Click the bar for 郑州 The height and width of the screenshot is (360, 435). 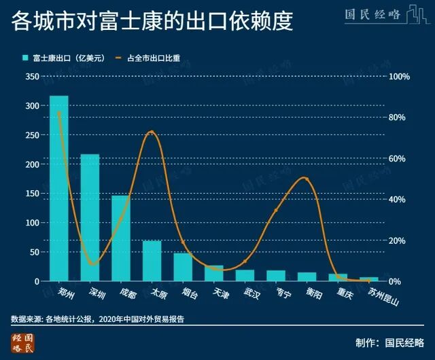59,188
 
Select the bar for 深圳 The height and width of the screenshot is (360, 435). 90,217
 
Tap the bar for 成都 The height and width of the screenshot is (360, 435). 121,238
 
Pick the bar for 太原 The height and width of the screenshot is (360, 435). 152,261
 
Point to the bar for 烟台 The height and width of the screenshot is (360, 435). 183,267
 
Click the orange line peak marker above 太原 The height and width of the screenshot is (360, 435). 152,132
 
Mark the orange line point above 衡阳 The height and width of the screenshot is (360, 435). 307,179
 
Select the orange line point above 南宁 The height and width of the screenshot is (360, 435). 276,211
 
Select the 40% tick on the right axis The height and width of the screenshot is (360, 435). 397,200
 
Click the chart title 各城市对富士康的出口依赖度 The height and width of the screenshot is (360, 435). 151,21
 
